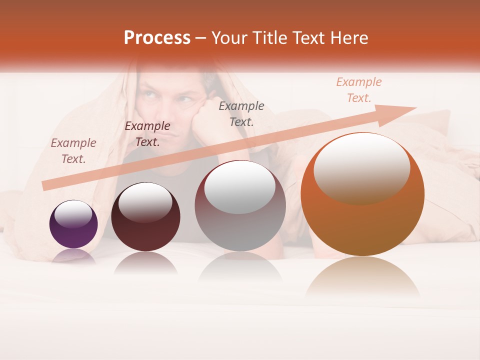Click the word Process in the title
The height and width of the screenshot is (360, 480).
[157, 38]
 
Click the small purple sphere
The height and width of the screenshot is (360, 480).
[73, 224]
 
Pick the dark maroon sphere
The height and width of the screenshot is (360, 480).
[145, 217]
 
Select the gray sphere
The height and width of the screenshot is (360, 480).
[240, 206]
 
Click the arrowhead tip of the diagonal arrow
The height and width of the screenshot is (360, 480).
[415, 107]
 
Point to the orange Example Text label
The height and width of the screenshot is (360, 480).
[359, 90]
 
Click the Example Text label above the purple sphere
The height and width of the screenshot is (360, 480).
[73, 150]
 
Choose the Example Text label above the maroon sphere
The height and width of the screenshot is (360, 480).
[147, 134]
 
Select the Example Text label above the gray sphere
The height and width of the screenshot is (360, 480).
[241, 113]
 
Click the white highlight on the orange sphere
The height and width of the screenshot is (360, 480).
[361, 167]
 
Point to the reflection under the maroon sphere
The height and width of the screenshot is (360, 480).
[145, 262]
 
